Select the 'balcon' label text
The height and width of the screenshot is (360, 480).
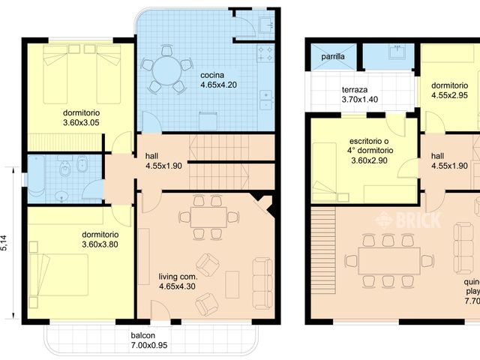tap(143, 336)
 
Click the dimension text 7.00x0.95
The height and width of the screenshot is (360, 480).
tap(143, 346)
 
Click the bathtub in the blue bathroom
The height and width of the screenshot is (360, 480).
tap(35, 177)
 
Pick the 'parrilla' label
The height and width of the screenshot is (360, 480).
tap(333, 56)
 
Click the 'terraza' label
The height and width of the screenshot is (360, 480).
tap(354, 88)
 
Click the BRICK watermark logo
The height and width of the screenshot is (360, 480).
tap(409, 219)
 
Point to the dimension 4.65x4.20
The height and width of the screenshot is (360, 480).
tap(218, 85)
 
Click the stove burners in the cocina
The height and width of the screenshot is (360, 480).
tap(265, 52)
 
